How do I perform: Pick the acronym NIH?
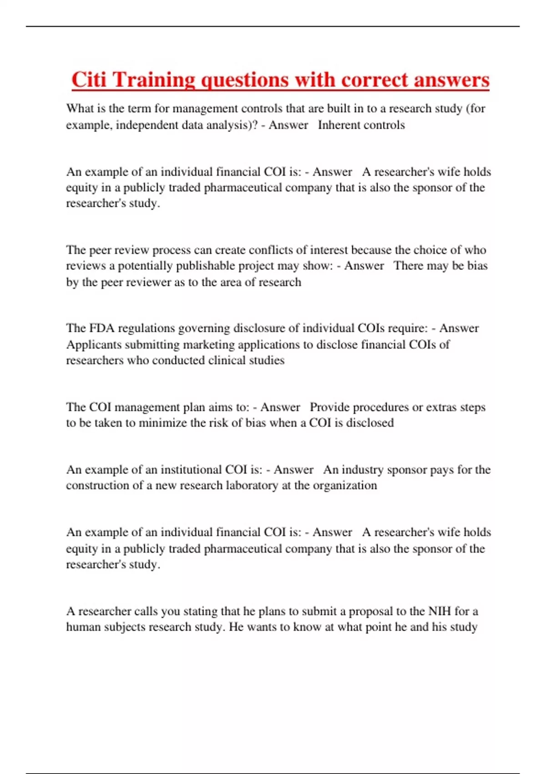tap(440, 611)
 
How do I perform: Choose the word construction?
tap(97, 486)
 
